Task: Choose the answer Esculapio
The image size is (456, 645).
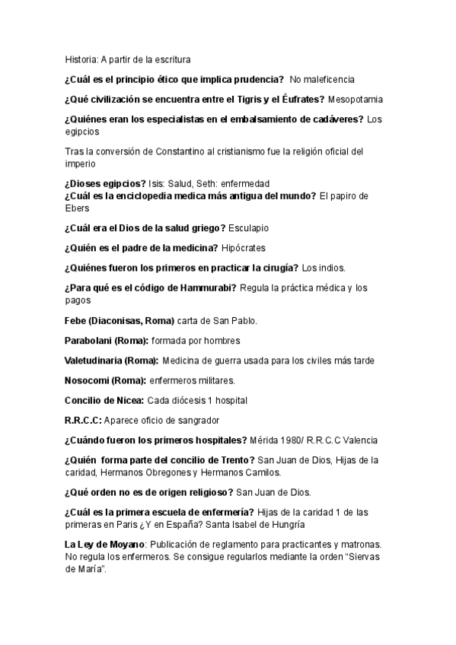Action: pyautogui.click(x=245, y=227)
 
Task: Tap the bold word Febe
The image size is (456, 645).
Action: pyautogui.click(x=76, y=319)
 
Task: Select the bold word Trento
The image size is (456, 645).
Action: pyautogui.click(x=236, y=460)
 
